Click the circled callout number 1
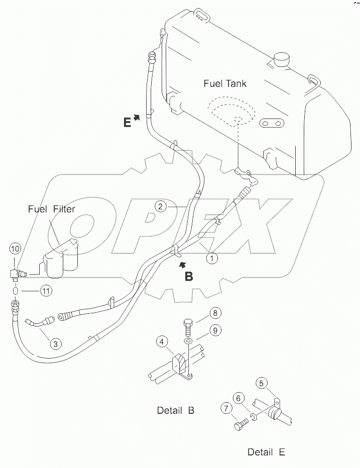(x=212, y=258)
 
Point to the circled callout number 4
(x=161, y=342)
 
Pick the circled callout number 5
(x=261, y=383)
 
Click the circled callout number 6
(x=239, y=398)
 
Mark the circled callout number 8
(x=214, y=312)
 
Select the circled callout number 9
(x=214, y=330)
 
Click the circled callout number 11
(x=46, y=290)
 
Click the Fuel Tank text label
(x=225, y=83)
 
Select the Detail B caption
(x=175, y=410)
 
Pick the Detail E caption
(x=266, y=452)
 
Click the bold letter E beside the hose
(x=128, y=122)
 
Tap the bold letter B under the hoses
(x=189, y=276)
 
